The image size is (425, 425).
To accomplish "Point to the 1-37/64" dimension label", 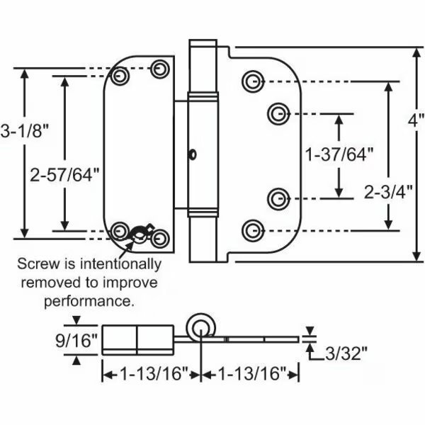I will (338, 155).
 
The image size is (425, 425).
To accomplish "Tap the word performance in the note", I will (98, 301).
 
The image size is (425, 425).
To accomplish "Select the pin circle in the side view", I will (201, 328).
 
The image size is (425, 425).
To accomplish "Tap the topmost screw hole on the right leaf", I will (251, 81).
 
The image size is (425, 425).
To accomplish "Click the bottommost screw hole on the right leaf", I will (251, 229).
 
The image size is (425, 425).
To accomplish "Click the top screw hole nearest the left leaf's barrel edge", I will (162, 68).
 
